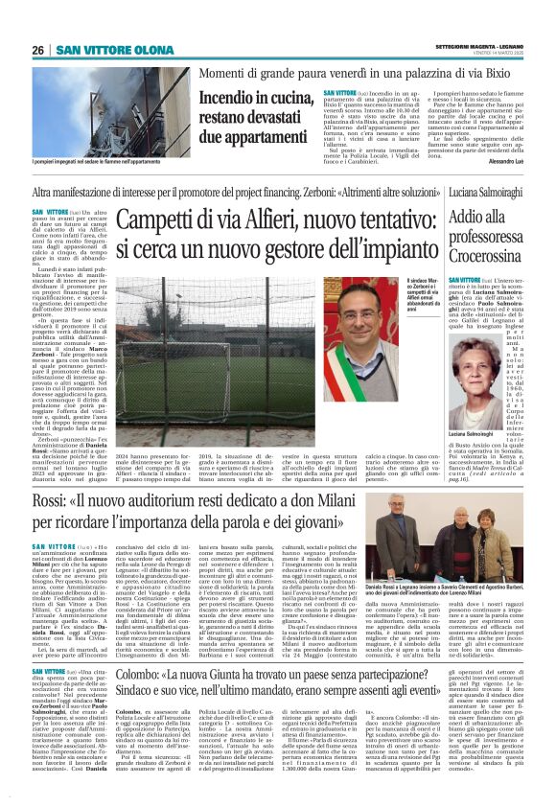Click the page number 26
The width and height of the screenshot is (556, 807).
(x=38, y=50)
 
